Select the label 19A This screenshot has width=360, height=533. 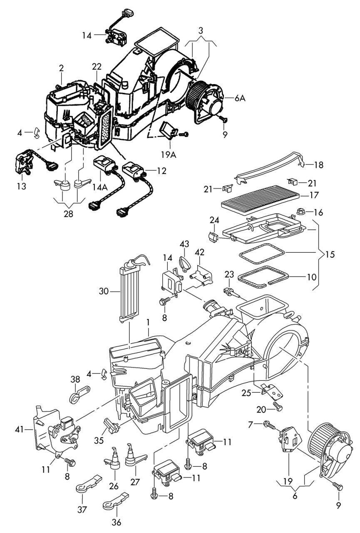pyautogui.click(x=169, y=154)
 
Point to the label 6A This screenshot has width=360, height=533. pyautogui.click(x=240, y=98)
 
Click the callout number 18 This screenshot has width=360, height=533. pyautogui.click(x=319, y=165)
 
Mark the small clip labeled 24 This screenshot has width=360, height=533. pyautogui.click(x=213, y=237)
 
